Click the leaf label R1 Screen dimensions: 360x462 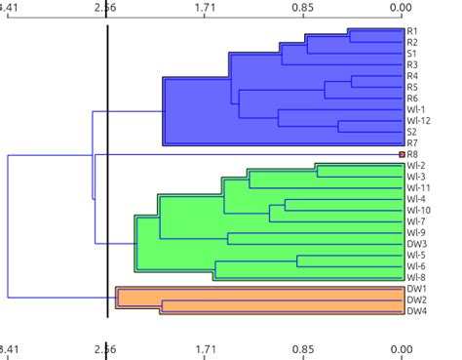coord(412,31)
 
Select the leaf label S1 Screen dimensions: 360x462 coord(412,54)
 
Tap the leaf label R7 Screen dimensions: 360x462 coord(412,142)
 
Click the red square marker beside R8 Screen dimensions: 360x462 coord(401,154)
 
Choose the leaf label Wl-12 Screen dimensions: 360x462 coord(418,120)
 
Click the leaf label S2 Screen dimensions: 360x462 coord(412,132)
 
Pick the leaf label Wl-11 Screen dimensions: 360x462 coord(418,187)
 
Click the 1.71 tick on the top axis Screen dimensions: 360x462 coord(205,8)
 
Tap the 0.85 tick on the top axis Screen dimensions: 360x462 coord(302,8)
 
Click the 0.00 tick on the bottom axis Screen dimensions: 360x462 coord(401,347)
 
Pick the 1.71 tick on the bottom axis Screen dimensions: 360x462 coord(205,347)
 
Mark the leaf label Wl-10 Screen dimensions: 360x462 coord(418,210)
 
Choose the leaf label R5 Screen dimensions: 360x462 coord(412,87)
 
